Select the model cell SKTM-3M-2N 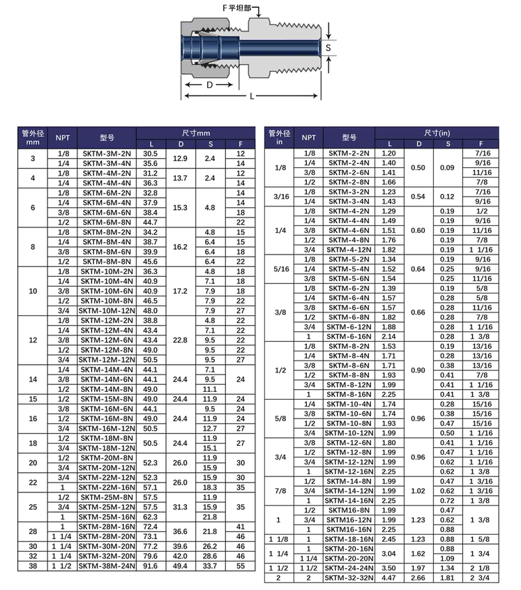point(107,153)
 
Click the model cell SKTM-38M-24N point(107,566)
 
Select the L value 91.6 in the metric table point(151,566)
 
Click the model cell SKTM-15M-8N point(107,399)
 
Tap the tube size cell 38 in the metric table point(32,566)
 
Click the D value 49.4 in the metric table point(180,566)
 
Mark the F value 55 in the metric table point(241,566)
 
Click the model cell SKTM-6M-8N point(107,222)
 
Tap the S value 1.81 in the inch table point(446,577)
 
